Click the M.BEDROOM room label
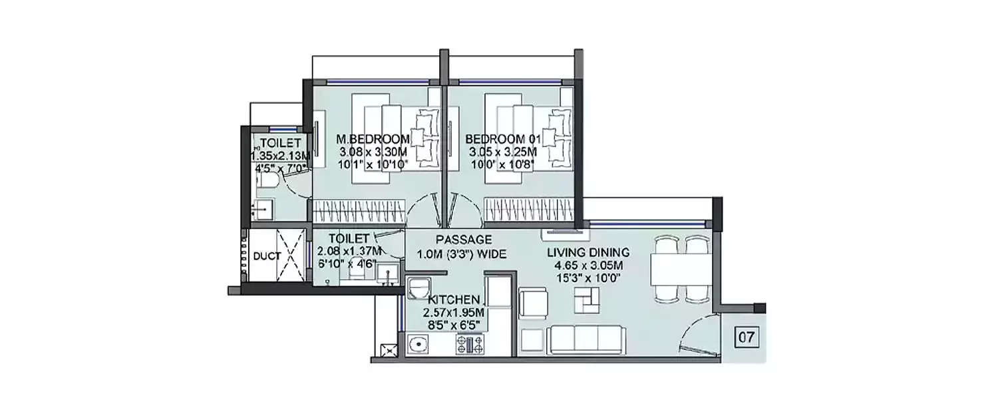[x=373, y=139]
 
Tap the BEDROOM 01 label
[x=504, y=139]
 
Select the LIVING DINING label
[x=588, y=252]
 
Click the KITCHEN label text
[x=454, y=300]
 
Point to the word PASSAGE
[x=464, y=240]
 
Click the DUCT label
[x=267, y=256]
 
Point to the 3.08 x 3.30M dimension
[x=372, y=152]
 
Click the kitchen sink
[x=418, y=345]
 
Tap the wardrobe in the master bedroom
[x=359, y=211]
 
